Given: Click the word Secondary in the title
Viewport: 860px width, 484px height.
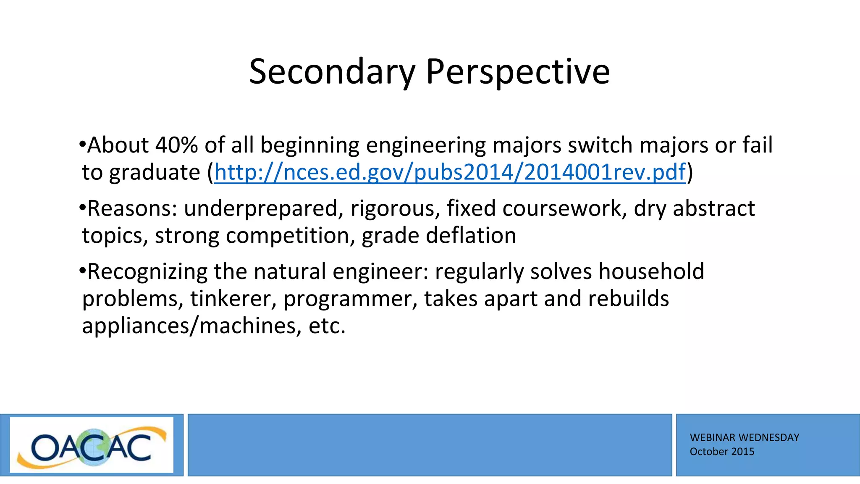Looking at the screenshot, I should tap(332, 72).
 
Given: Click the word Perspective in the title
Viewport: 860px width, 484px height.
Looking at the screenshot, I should tap(517, 72).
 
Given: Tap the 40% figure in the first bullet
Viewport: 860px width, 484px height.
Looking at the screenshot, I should tap(176, 145).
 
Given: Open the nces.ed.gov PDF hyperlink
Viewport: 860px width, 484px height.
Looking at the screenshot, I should tap(450, 172).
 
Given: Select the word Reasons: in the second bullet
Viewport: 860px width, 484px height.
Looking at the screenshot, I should tap(132, 208).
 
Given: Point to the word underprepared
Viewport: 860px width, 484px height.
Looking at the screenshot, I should tap(260, 209).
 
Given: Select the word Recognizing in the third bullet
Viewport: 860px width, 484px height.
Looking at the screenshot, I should tap(147, 272).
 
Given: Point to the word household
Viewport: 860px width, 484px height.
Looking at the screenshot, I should tap(651, 271).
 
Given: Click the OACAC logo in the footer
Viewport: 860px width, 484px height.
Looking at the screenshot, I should tap(92, 445).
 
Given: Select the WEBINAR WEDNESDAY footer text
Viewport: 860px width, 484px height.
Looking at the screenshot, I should tap(744, 438).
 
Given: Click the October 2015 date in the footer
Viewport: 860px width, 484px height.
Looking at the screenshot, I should tap(722, 452).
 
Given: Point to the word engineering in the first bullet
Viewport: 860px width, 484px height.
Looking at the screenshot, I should tap(426, 146).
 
